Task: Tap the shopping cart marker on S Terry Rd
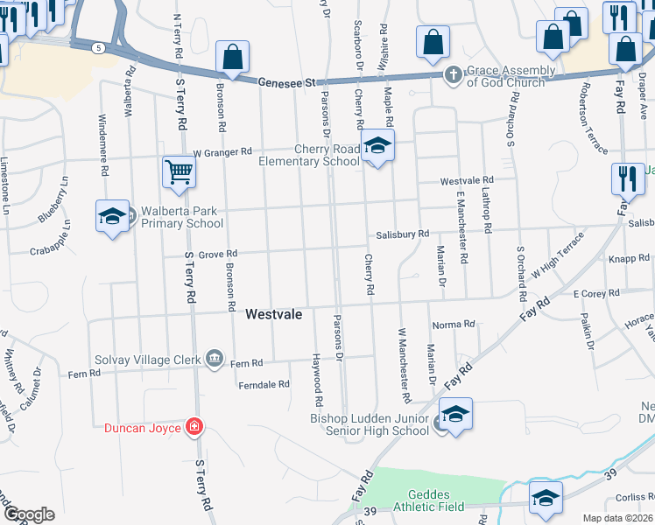(179, 171)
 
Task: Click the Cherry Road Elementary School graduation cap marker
(377, 146)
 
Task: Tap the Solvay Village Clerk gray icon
(214, 357)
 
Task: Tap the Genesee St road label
(286, 82)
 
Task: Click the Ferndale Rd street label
(264, 384)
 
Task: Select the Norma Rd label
(453, 325)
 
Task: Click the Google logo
(28, 514)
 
